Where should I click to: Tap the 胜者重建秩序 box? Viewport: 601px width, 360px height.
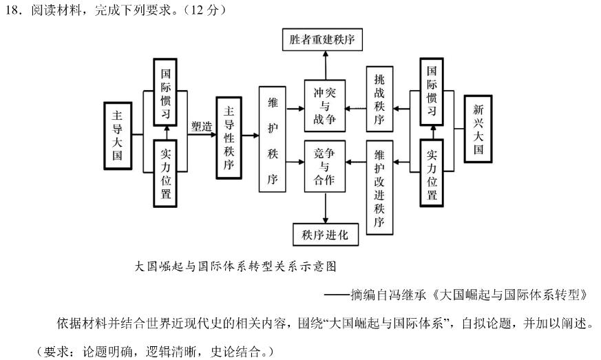(324, 40)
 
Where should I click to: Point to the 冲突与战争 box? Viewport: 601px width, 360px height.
(324, 104)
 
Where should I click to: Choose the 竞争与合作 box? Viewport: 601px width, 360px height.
(324, 165)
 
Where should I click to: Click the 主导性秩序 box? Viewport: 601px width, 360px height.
(229, 136)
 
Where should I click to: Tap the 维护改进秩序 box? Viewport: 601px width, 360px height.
(379, 187)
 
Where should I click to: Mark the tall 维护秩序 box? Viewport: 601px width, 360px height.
(271, 138)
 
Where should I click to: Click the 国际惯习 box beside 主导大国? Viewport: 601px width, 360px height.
(165, 93)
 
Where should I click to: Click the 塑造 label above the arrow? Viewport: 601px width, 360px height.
(202, 126)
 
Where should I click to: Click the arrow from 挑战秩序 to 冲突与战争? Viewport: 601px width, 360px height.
(355, 108)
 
